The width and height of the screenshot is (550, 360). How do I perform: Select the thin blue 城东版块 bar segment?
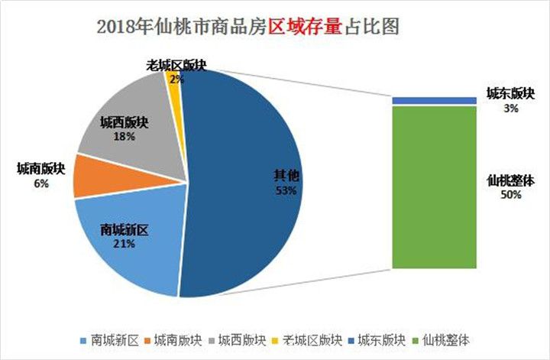tap(434, 101)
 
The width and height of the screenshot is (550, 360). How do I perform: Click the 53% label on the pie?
tap(285, 189)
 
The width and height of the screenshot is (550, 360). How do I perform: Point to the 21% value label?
tap(125, 243)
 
